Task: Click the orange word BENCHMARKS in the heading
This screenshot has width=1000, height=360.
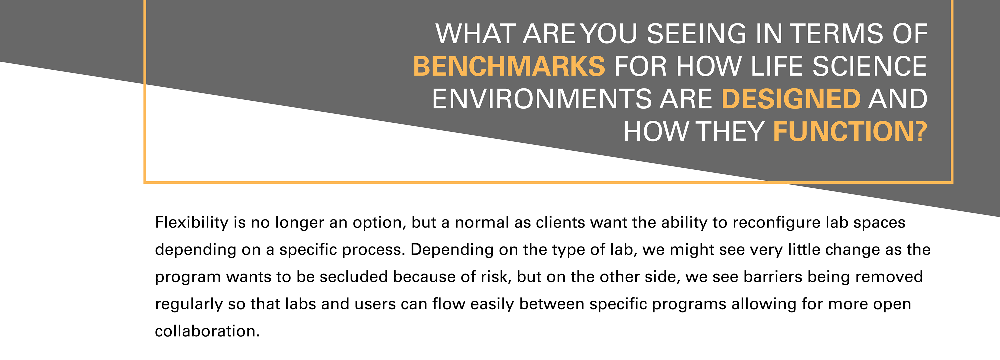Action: pos(509,66)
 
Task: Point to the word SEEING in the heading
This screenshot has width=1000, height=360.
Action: pos(696,33)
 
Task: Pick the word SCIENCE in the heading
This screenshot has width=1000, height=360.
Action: pos(869,66)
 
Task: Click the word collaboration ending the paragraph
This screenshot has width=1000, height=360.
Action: pos(207,331)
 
